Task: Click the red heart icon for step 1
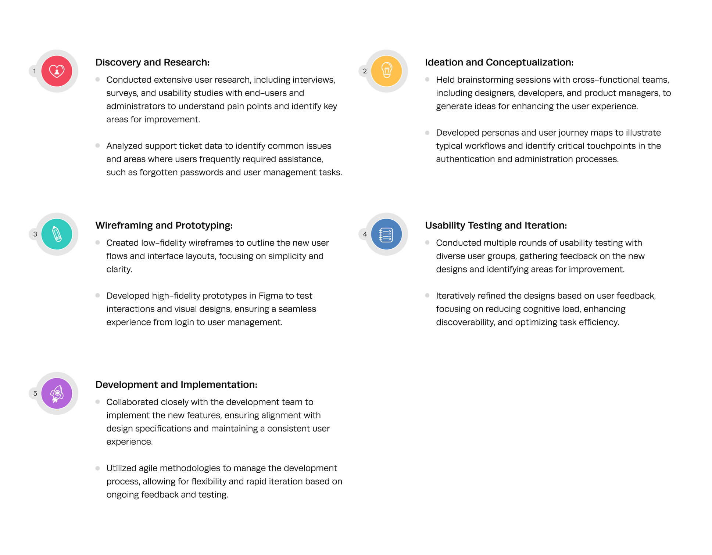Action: tap(57, 71)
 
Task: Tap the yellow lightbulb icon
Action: tap(386, 71)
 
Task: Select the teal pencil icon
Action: tap(57, 234)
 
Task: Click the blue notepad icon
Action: tap(386, 234)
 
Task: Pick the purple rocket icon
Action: tap(57, 393)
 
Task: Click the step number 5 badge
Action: tap(35, 393)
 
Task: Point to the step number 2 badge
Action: tap(365, 71)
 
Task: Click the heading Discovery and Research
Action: tap(152, 62)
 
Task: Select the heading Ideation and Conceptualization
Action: tap(499, 62)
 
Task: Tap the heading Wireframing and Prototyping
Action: tap(164, 226)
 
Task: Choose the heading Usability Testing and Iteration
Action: tap(495, 226)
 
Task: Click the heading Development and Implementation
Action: tap(176, 385)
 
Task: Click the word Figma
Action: tap(271, 296)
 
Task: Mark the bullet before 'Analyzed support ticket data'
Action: tap(97, 145)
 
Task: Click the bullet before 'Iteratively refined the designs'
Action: tap(427, 295)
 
